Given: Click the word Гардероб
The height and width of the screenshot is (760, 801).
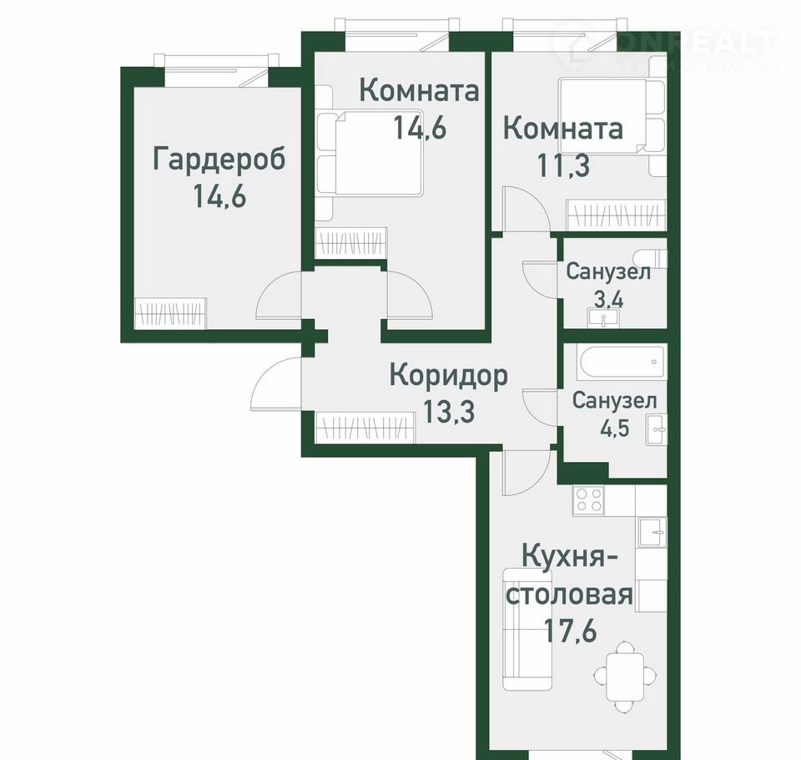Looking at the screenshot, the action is coord(219,160).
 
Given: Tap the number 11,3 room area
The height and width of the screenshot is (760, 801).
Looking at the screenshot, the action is coord(563,165).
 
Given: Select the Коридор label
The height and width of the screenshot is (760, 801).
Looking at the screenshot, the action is coord(449,376).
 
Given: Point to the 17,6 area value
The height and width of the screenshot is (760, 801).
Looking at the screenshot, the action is coord(570,630).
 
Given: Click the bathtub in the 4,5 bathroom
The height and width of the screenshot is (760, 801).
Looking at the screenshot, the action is coord(621,362).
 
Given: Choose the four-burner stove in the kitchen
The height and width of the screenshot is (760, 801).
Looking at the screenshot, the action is coord(588,499).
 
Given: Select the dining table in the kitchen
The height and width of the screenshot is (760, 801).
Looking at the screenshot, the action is coord(625,677).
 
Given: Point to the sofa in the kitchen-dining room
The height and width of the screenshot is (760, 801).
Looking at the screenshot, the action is coord(527,629).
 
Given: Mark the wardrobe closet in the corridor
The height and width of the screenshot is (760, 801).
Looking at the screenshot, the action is coord(365,427).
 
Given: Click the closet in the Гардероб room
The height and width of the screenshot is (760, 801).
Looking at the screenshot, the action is coord(170,313).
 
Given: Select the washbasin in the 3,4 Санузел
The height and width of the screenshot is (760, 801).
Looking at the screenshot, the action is coord(603,317).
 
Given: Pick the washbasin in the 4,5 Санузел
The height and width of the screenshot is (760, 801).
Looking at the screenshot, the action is coord(656,430).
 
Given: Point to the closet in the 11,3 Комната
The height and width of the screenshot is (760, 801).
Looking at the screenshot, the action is coord(617,215).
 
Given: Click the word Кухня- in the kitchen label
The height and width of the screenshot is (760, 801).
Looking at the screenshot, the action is coord(570,556).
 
